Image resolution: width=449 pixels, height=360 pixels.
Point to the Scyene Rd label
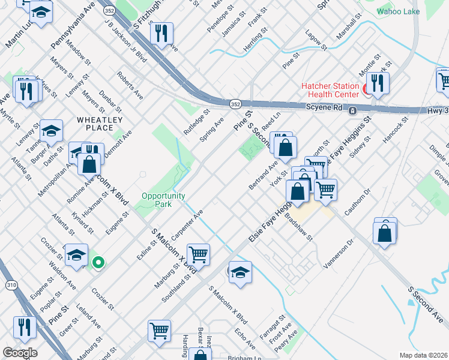[322, 109]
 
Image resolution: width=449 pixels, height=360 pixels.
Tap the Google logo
[19, 353]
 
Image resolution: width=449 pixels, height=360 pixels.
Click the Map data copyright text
[423, 355]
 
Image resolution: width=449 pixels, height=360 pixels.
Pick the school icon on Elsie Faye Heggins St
[240, 272]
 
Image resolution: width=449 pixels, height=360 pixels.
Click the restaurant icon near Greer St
[23, 327]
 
